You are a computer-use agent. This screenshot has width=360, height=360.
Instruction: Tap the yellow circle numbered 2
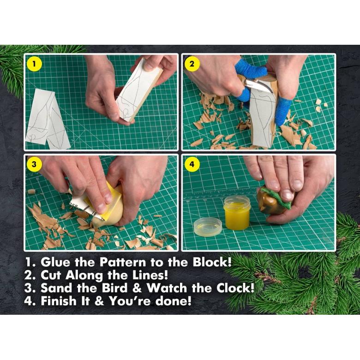tap(192, 64)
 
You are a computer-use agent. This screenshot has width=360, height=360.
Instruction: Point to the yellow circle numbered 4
tap(192, 164)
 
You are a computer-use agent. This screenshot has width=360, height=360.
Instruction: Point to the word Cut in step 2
tap(51, 275)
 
